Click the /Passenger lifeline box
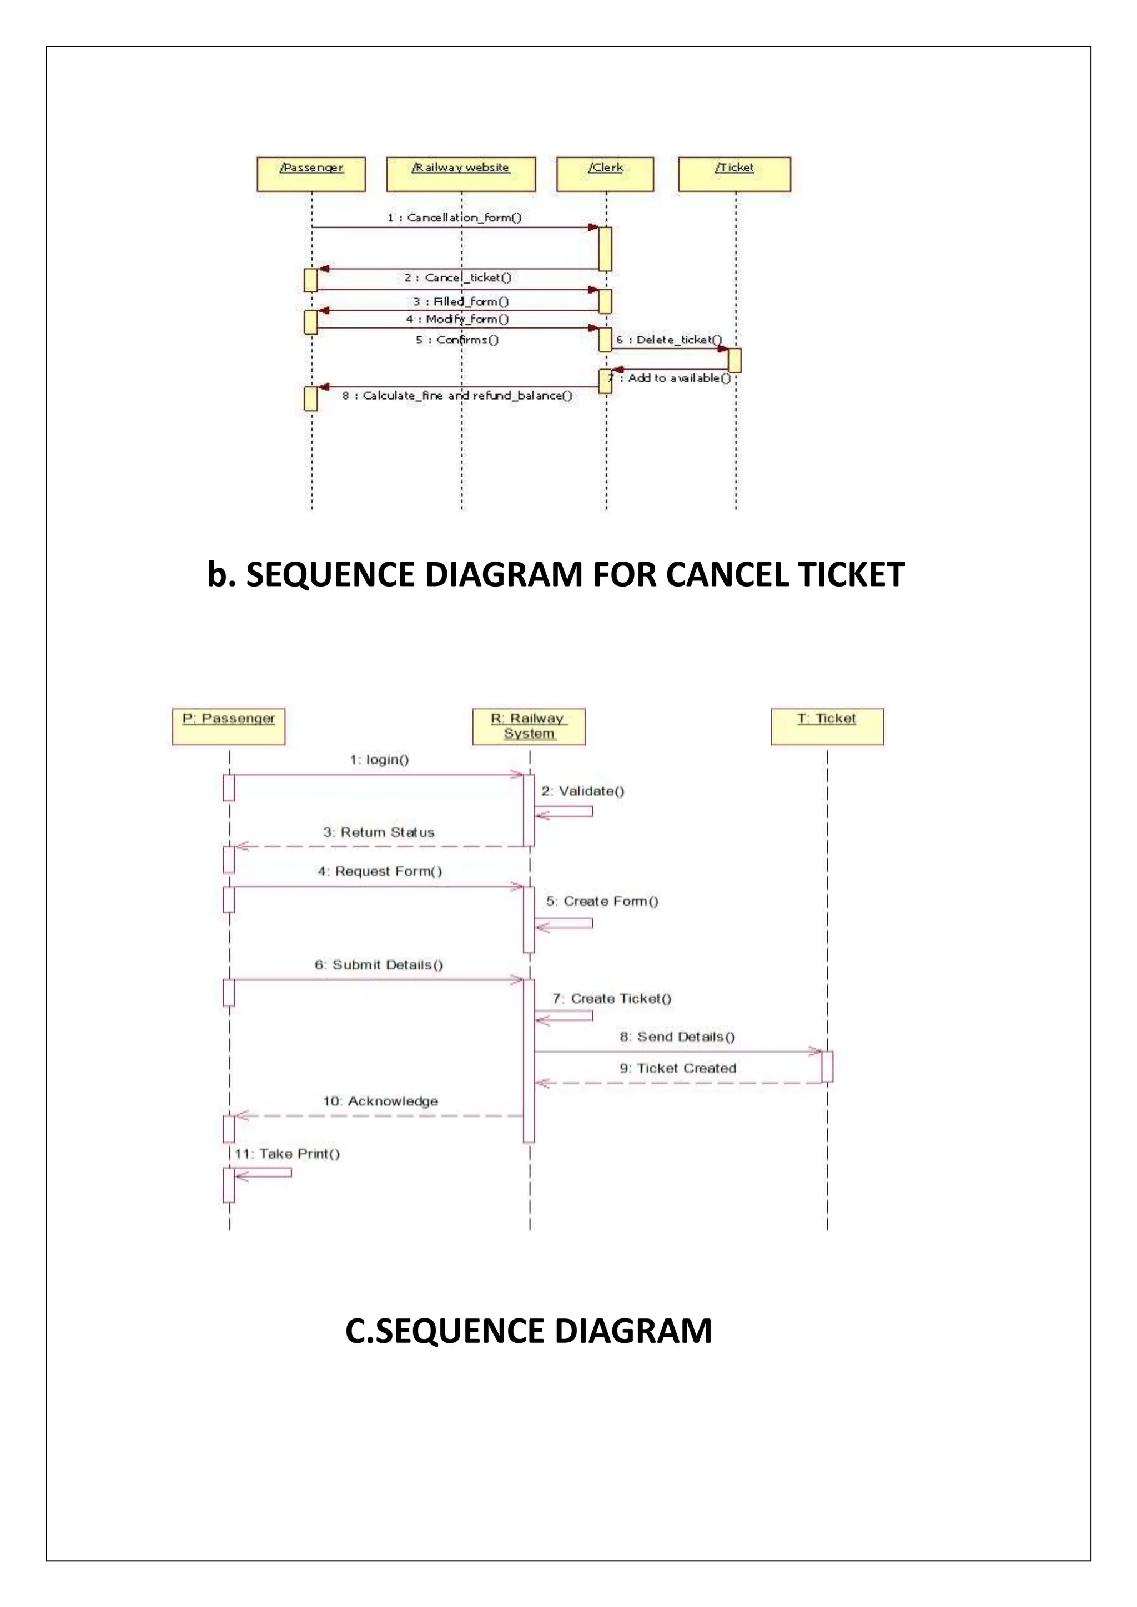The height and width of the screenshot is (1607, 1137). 311,174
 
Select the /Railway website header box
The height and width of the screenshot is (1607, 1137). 461,174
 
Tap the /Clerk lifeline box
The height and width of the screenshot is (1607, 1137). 605,174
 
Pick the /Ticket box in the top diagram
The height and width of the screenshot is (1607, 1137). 734,174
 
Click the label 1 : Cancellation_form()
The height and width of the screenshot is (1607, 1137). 454,218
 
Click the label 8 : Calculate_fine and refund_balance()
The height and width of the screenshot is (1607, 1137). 457,396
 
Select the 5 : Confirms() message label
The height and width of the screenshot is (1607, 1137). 457,340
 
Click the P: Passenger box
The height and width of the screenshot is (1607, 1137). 229,726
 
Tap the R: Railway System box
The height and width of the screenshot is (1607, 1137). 529,726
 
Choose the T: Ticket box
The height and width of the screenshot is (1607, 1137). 827,726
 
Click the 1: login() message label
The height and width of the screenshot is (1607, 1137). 380,760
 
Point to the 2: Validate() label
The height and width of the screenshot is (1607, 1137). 582,791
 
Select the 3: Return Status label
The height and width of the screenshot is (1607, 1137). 379,832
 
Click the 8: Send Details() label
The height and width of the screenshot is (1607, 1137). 677,1037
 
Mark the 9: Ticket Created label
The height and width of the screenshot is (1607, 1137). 678,1068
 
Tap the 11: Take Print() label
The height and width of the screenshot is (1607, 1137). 287,1154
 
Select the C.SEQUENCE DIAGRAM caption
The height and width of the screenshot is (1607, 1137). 529,1331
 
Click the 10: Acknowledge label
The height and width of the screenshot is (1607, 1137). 380,1101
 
